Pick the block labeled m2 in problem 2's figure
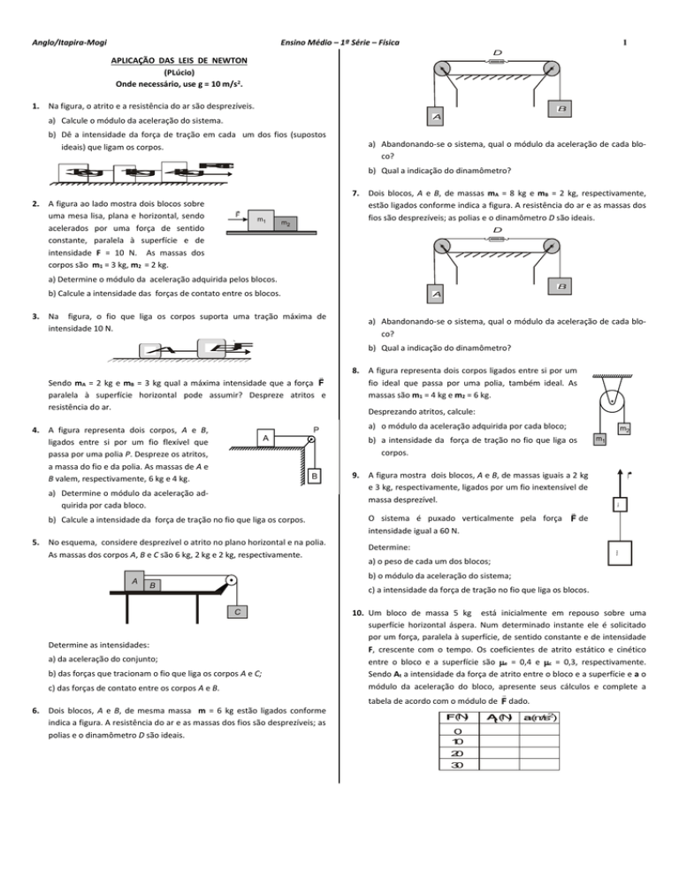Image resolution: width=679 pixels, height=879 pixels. (x=286, y=225)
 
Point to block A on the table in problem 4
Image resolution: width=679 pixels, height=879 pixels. (x=270, y=439)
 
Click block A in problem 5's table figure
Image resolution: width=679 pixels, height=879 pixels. (x=134, y=581)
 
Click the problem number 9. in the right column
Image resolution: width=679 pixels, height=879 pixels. (x=356, y=472)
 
